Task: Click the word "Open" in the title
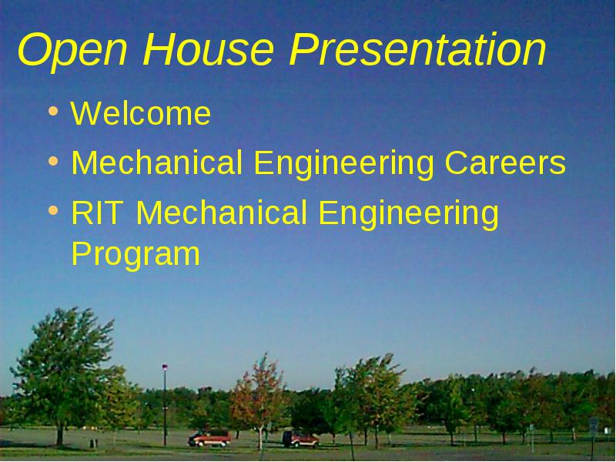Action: tap(72, 50)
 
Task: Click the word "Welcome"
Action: tap(141, 113)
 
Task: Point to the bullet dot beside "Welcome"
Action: tap(53, 111)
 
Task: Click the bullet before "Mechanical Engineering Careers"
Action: tap(53, 161)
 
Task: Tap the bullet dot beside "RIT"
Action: tap(53, 210)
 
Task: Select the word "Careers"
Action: tap(505, 162)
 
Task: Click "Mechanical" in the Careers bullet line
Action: tap(157, 162)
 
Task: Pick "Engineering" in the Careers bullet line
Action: tap(343, 165)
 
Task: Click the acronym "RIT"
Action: tap(95, 213)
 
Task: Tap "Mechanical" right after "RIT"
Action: tap(221, 213)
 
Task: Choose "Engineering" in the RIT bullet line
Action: tap(409, 215)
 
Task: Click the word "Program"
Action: tap(136, 256)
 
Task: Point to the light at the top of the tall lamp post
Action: tap(165, 367)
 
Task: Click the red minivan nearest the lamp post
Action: tap(209, 438)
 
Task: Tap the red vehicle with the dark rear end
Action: tap(300, 439)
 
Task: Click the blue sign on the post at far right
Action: tap(593, 426)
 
